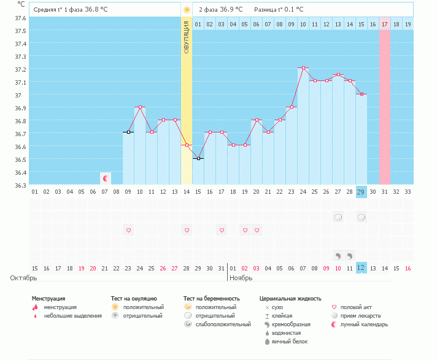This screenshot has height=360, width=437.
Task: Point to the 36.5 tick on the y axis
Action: [x=21, y=159]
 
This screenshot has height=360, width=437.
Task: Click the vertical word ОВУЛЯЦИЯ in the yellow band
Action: [x=187, y=37]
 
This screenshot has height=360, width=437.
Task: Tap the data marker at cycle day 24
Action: [x=303, y=68]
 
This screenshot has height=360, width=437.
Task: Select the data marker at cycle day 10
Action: [x=140, y=107]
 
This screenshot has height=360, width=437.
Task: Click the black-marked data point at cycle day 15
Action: [x=198, y=158]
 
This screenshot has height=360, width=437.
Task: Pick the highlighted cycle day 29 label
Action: [x=361, y=192]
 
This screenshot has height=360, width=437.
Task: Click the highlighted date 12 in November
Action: [x=361, y=268]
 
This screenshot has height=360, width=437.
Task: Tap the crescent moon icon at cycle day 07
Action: [x=106, y=178]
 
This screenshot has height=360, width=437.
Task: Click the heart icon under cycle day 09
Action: [x=128, y=231]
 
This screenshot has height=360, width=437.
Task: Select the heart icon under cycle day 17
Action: [x=221, y=231]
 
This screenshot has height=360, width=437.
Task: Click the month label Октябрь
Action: [x=23, y=278]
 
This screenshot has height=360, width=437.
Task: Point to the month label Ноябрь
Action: [x=241, y=278]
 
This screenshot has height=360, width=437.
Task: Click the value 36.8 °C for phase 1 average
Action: [x=96, y=10]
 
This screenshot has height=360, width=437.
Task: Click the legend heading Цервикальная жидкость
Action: [x=290, y=299]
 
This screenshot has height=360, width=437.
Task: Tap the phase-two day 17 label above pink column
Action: [x=384, y=24]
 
